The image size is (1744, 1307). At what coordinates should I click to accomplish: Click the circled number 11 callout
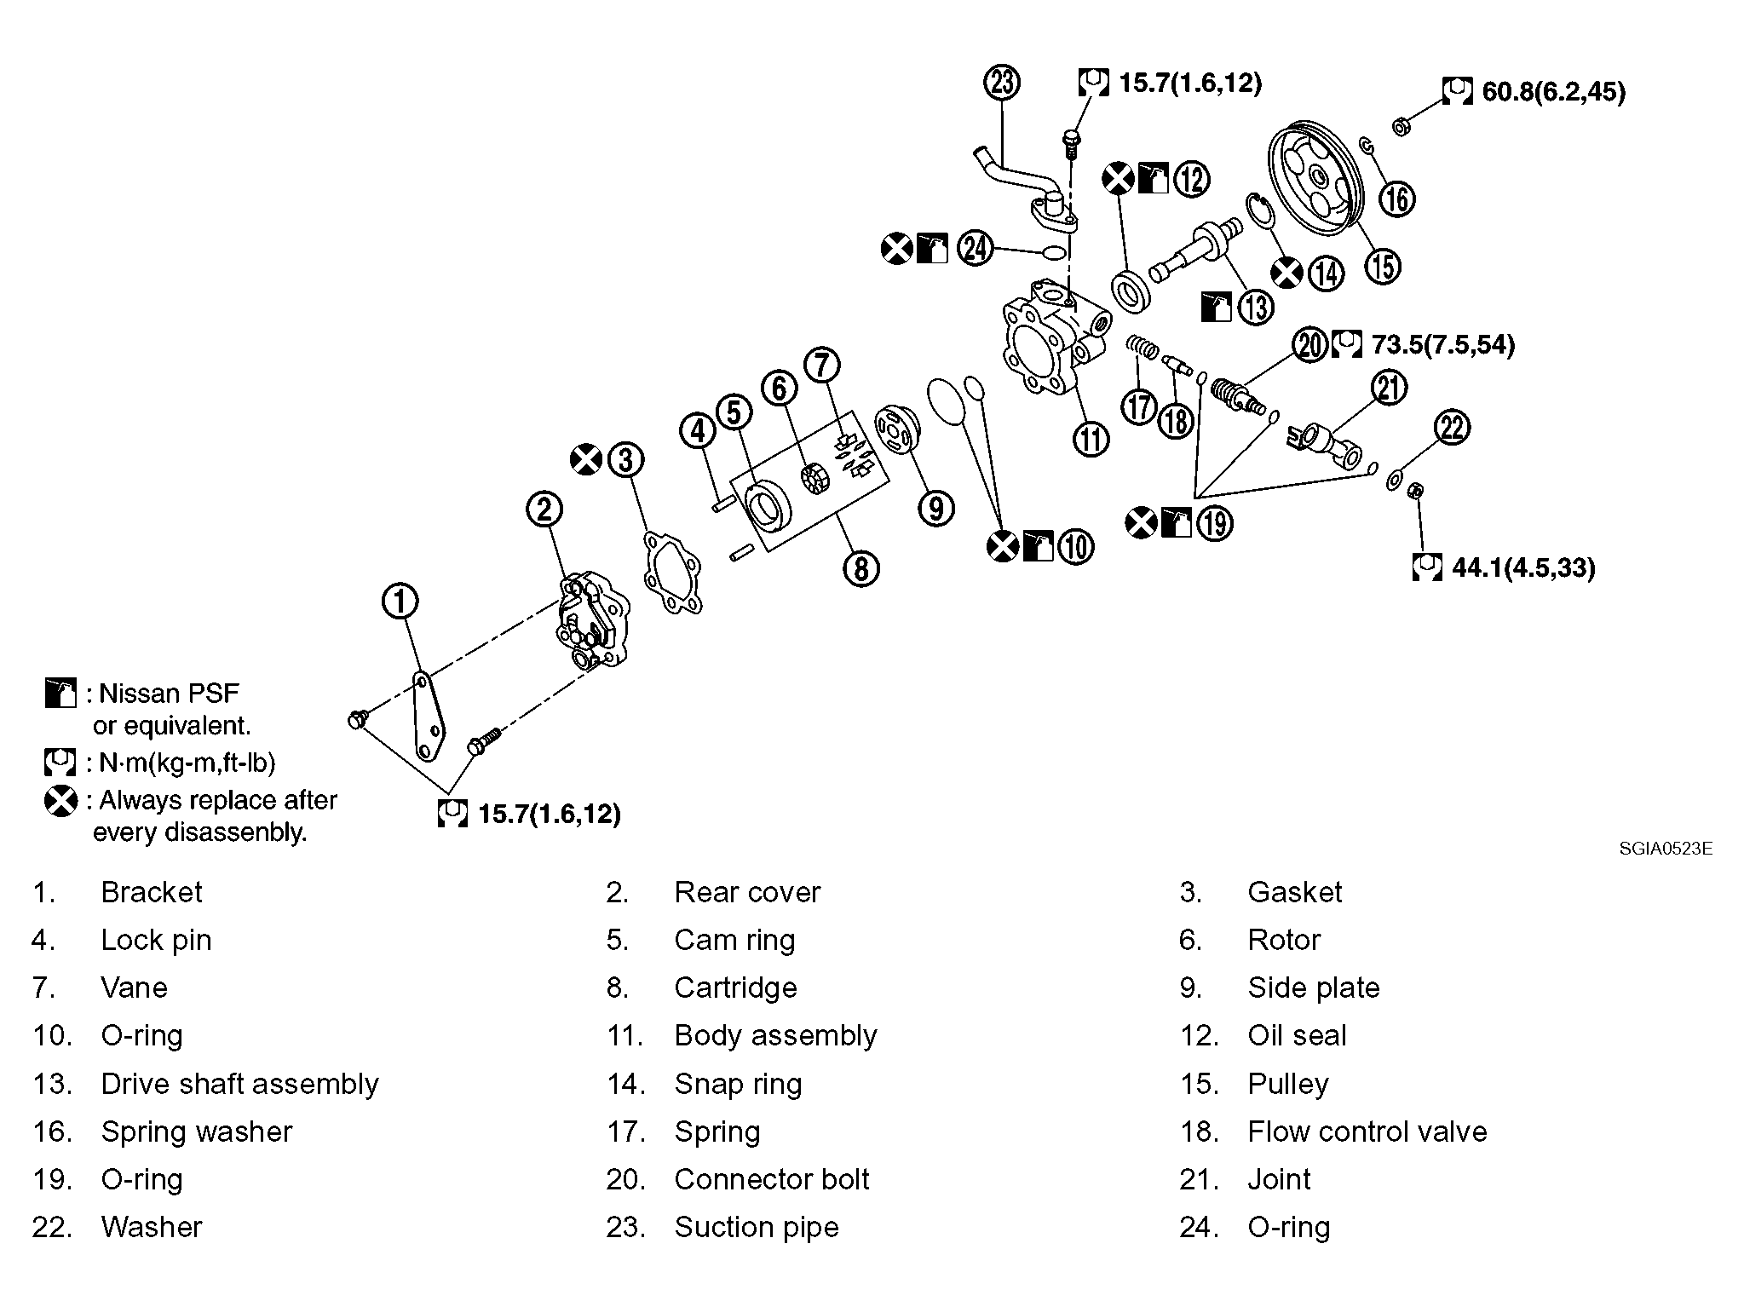tap(1091, 439)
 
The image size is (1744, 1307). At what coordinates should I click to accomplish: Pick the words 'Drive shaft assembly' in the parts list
tap(239, 1084)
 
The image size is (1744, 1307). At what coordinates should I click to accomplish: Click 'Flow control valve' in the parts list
tap(1367, 1131)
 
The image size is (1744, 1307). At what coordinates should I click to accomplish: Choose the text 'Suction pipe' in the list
tap(757, 1227)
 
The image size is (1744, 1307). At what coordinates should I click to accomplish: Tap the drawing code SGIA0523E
tap(1666, 849)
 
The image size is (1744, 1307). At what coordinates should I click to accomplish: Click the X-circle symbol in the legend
tap(60, 801)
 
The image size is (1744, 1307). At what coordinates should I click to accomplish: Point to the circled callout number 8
tap(860, 568)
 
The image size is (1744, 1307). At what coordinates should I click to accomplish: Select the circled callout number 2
tap(544, 510)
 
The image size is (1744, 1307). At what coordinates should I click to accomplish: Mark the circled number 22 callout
tap(1452, 427)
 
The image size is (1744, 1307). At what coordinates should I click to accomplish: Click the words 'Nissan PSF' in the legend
tap(170, 694)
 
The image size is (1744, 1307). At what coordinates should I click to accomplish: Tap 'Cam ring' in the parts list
tap(734, 941)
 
